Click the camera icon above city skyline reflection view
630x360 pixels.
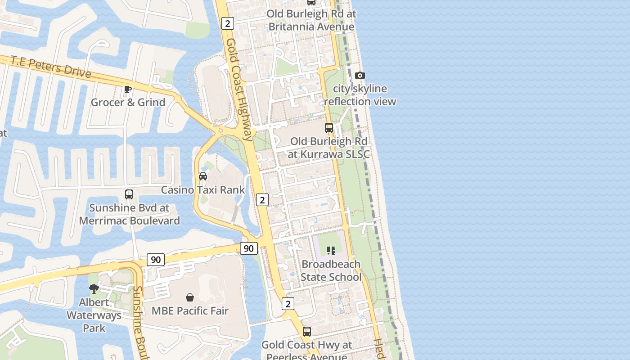[x=360, y=75]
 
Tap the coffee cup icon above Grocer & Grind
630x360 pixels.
[x=128, y=89]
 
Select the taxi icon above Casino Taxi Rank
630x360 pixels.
[x=203, y=176]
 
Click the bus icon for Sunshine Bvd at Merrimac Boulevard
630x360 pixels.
[x=129, y=194]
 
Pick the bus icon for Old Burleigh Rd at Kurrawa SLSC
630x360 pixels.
[x=329, y=128]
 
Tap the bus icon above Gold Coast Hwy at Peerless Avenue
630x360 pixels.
[x=307, y=332]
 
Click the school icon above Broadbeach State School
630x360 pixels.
[x=331, y=250]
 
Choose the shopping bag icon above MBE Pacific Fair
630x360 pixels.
[x=190, y=297]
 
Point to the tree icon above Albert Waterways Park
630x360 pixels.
[x=94, y=288]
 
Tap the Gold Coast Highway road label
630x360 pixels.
[x=238, y=90]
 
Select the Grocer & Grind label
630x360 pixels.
[x=128, y=102]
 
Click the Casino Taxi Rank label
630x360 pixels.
[x=203, y=189]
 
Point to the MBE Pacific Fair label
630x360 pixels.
[x=190, y=310]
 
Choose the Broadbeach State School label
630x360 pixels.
[x=331, y=270]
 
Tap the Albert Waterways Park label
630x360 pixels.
[x=94, y=315]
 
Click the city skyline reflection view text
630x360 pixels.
[x=360, y=95]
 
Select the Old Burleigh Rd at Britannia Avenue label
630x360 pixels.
[x=311, y=20]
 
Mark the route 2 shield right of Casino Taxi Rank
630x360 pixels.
[x=262, y=199]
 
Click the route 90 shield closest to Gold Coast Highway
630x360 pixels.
[x=248, y=248]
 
